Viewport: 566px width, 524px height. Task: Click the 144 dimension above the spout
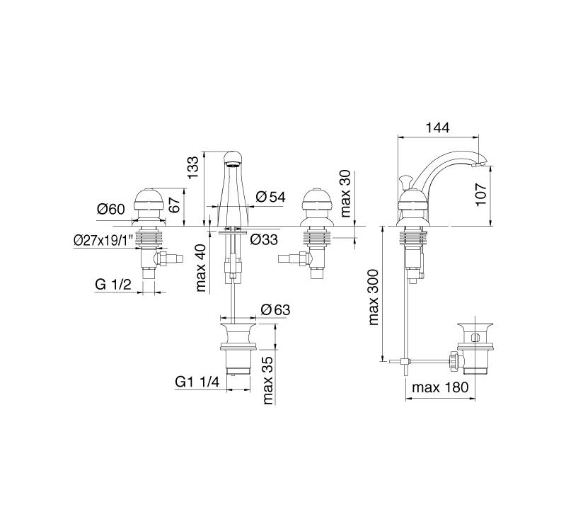(x=437, y=127)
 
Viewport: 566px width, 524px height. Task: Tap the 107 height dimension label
(x=482, y=195)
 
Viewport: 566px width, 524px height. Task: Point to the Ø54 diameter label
(x=271, y=197)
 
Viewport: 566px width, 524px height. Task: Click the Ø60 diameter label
(x=111, y=209)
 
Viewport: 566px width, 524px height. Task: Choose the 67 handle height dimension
(x=174, y=205)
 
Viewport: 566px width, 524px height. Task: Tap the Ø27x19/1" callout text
(x=103, y=240)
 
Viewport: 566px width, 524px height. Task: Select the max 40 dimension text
(x=200, y=268)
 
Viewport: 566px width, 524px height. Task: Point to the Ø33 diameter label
(x=264, y=239)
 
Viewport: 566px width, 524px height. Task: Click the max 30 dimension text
(x=345, y=193)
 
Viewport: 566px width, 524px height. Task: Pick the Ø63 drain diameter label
(x=275, y=309)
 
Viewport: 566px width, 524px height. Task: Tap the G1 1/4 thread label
(x=197, y=382)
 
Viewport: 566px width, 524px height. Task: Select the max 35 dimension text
(x=267, y=380)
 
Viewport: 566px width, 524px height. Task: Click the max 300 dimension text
(x=374, y=297)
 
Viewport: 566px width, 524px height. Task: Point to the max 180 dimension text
(x=440, y=387)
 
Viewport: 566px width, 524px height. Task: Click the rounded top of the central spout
(x=233, y=158)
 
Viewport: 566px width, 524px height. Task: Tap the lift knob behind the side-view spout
(x=405, y=182)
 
